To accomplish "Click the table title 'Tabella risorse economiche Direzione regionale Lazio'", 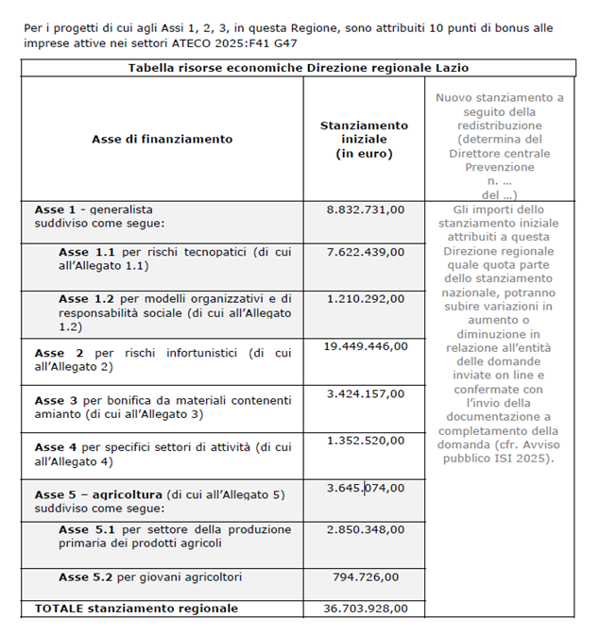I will [x=299, y=68].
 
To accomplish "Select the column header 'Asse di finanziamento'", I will [x=162, y=139].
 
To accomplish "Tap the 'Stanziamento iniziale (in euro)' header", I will [x=364, y=139].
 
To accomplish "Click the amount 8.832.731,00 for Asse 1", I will [x=365, y=209].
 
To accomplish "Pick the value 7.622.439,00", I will [x=365, y=252].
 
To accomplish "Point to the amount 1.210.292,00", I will [x=365, y=298].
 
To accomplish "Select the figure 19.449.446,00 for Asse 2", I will [x=365, y=346].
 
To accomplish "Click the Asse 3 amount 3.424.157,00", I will [x=365, y=393].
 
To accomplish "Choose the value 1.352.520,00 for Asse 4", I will [x=365, y=440].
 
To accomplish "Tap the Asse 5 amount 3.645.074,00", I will [x=365, y=488].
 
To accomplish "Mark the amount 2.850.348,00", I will [x=365, y=529].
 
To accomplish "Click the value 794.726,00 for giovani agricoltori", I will [x=365, y=577].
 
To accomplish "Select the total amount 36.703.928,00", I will [x=365, y=609].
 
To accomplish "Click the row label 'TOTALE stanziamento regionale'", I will [x=136, y=609].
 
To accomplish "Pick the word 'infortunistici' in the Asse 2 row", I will [x=197, y=353].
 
